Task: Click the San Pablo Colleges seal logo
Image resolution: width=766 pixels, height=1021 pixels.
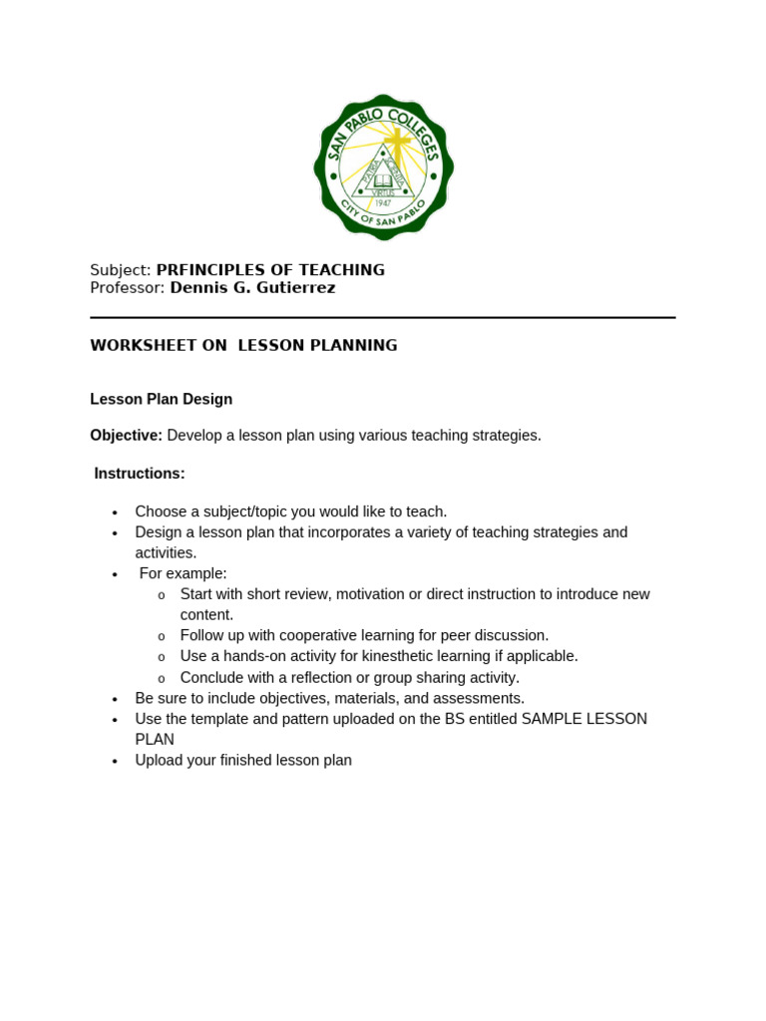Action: click(x=384, y=167)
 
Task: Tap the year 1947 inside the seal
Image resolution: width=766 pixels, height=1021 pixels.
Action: click(x=383, y=202)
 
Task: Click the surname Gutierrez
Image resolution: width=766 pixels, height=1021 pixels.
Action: click(x=292, y=288)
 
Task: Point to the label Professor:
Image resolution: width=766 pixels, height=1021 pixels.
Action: click(x=127, y=288)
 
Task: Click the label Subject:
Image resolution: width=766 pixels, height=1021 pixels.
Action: click(x=120, y=270)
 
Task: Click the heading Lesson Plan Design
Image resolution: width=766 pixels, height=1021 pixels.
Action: click(x=161, y=400)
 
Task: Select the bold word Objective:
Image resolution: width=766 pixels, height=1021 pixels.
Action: click(x=126, y=436)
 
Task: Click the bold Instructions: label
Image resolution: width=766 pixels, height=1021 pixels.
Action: click(x=140, y=474)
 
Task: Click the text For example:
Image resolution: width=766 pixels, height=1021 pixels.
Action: click(x=183, y=573)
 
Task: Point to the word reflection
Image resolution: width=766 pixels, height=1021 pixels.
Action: click(x=305, y=678)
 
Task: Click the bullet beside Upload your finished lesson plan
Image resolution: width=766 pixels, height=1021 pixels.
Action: click(x=115, y=761)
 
